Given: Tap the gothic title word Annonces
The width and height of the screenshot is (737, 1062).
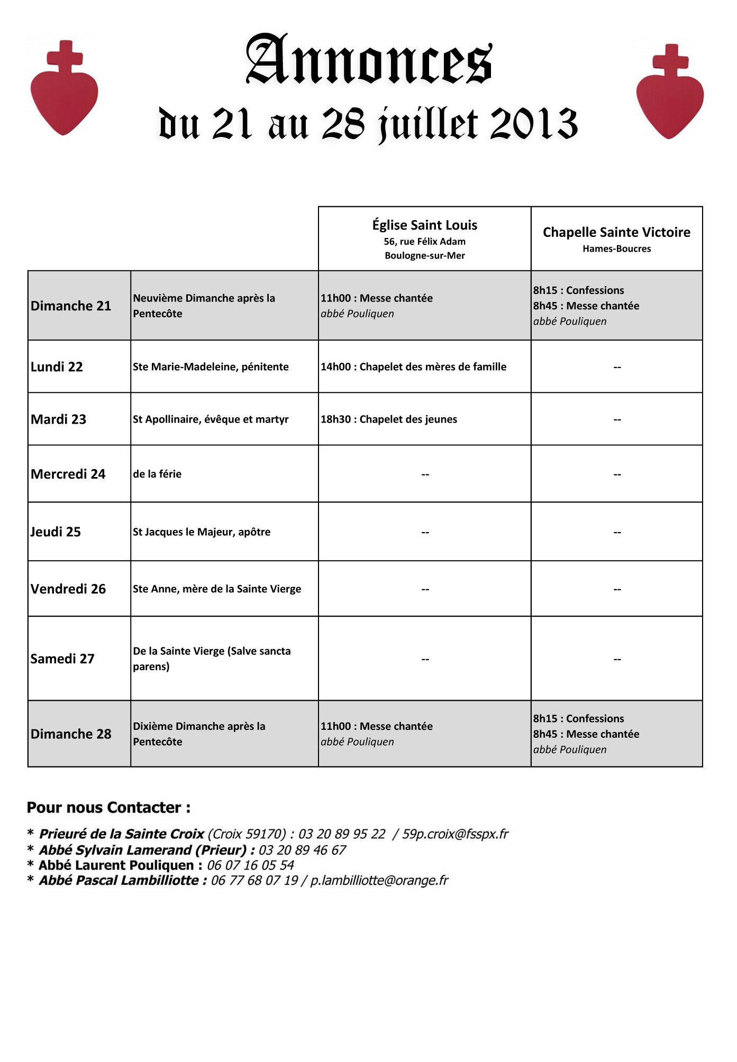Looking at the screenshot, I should [x=369, y=60].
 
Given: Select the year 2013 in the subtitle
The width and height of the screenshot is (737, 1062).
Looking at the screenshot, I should [x=534, y=124].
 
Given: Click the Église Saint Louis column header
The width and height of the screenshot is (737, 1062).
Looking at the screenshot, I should [x=424, y=225].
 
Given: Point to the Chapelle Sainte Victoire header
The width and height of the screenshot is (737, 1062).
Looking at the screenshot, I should [x=616, y=232].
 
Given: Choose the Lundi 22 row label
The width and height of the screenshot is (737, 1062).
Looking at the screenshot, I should [x=57, y=367].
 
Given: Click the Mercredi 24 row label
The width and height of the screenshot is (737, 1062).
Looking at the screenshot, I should [x=68, y=474].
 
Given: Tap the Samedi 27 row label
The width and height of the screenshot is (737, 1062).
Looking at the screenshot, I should [x=62, y=658].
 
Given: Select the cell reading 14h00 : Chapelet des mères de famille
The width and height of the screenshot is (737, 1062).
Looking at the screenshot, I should [x=413, y=367].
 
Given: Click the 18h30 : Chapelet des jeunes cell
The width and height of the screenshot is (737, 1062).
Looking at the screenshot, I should [x=388, y=419].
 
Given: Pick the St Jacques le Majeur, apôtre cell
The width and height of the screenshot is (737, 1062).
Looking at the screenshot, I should [x=202, y=532].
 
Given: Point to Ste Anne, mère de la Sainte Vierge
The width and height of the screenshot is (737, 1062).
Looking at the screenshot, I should [x=217, y=589].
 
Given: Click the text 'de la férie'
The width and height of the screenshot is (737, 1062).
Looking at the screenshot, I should [x=157, y=474].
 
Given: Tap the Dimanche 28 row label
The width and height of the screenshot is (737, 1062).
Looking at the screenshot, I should [x=71, y=734].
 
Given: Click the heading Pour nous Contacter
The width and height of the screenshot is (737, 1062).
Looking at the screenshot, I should [x=108, y=808].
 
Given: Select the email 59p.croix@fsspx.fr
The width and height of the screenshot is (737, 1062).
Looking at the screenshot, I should [x=455, y=834].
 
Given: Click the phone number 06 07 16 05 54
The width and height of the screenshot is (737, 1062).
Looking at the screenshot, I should [x=250, y=865].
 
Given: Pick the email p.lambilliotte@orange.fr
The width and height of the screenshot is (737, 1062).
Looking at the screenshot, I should [x=379, y=881].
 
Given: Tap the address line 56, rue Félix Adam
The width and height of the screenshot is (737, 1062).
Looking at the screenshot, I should [x=424, y=242].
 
